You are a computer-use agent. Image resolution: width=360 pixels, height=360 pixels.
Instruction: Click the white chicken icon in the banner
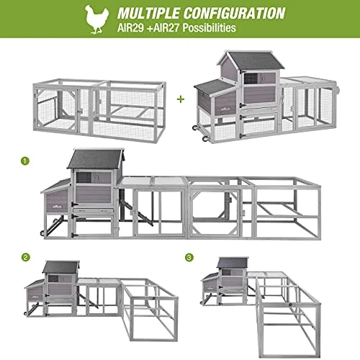(96, 19)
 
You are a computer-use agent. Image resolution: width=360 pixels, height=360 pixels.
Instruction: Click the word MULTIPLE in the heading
(148, 13)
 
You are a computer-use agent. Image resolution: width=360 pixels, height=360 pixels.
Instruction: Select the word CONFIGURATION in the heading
(235, 13)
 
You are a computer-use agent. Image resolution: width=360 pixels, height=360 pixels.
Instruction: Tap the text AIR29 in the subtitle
(130, 28)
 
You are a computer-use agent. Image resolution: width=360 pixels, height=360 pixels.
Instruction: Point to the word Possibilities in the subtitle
(210, 28)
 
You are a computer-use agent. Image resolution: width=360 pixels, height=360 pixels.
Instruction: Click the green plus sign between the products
(181, 99)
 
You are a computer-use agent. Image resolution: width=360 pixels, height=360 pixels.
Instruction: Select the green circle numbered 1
(25, 161)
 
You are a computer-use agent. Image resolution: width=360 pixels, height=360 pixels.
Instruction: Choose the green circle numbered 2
(26, 258)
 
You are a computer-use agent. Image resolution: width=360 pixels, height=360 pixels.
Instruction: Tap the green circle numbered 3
(189, 258)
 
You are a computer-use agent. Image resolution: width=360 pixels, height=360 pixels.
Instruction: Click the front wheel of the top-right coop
(205, 138)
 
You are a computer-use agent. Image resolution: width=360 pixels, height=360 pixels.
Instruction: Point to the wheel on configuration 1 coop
(42, 233)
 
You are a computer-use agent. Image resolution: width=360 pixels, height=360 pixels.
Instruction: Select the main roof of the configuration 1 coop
(96, 158)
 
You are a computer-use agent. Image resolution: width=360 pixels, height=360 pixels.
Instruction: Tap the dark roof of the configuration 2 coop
(61, 267)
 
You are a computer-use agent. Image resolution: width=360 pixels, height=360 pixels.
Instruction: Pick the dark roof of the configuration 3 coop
(233, 263)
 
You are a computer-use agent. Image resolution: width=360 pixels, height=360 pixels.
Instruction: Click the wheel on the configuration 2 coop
(25, 313)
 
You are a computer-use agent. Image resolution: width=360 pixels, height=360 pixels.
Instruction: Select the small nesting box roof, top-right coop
(214, 87)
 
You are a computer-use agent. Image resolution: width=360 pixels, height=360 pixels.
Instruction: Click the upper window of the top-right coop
(251, 78)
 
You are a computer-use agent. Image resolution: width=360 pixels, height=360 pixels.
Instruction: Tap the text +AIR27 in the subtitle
(163, 28)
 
